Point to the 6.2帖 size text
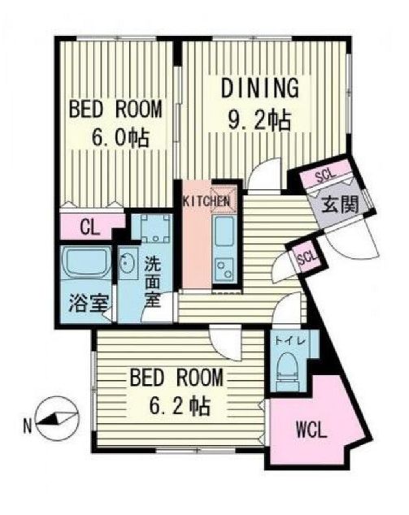(176, 405)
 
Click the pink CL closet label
(89, 228)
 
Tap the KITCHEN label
(206, 201)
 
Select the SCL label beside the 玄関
(324, 175)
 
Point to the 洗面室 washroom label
(152, 281)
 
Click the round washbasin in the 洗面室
(128, 264)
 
